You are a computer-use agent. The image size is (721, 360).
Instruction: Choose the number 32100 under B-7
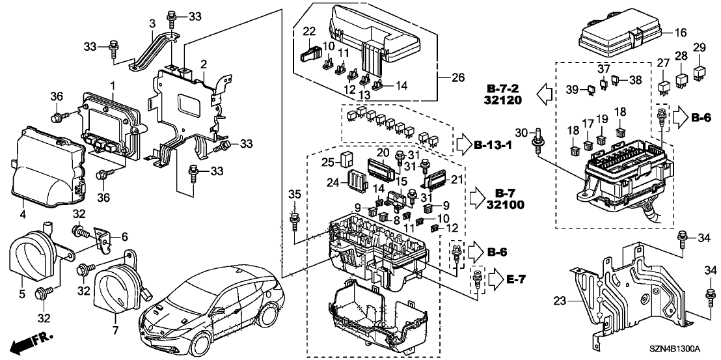click(x=510, y=205)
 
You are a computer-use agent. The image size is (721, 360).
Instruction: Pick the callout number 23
click(x=559, y=300)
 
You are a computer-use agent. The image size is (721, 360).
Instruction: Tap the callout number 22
click(x=310, y=31)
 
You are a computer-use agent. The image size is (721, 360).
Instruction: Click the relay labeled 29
click(x=699, y=69)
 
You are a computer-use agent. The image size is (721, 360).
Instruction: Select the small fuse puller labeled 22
click(x=310, y=52)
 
